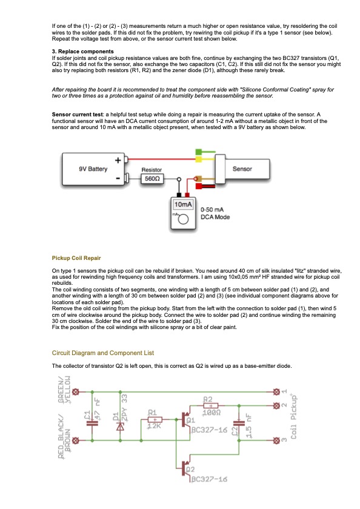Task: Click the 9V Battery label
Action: tap(93, 169)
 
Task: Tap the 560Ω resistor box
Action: tap(152, 179)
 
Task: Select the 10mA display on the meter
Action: tap(183, 204)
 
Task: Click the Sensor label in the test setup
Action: tap(242, 169)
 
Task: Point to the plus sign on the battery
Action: tap(118, 160)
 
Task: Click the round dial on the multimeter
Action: tap(184, 219)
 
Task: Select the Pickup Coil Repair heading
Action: tap(76, 258)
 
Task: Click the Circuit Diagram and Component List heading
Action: tap(103, 353)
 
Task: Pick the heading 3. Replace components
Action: tap(83, 52)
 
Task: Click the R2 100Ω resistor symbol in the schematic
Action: tap(211, 405)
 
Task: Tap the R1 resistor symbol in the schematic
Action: tap(155, 420)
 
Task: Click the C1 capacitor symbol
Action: tap(92, 423)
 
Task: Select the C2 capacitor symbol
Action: tap(239, 423)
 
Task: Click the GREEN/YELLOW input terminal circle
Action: tap(76, 392)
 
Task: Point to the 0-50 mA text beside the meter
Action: tap(212, 210)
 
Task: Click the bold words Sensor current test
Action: tap(78, 115)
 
